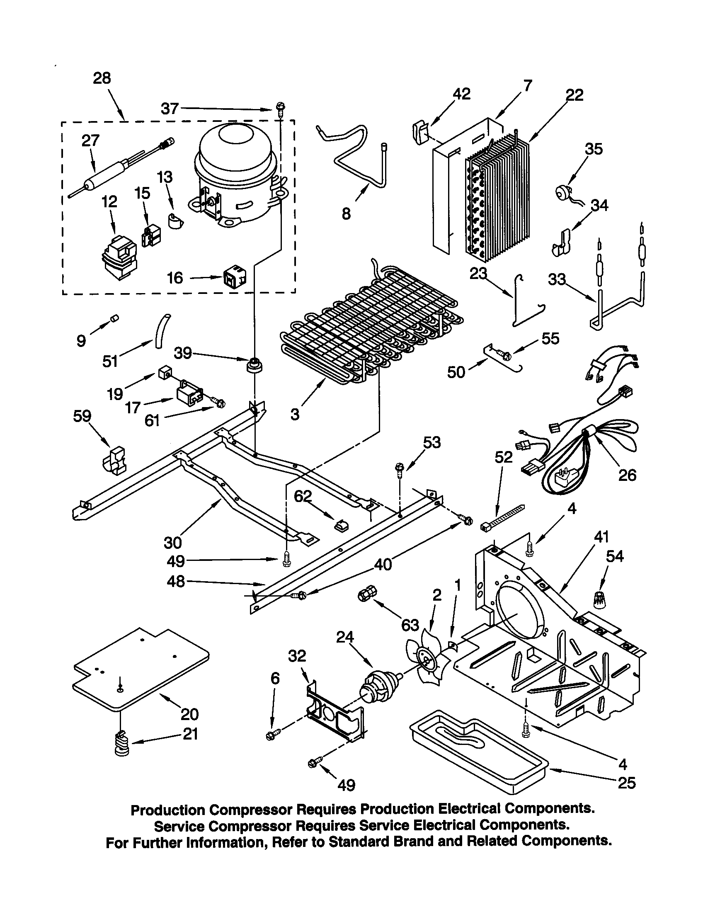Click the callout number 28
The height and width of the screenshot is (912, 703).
coord(102,78)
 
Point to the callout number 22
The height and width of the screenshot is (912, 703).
coord(574,95)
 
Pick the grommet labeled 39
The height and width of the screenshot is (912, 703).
coord(255,366)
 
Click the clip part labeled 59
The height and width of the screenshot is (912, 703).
coord(114,462)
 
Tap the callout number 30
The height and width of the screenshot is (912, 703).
coord(172,543)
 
